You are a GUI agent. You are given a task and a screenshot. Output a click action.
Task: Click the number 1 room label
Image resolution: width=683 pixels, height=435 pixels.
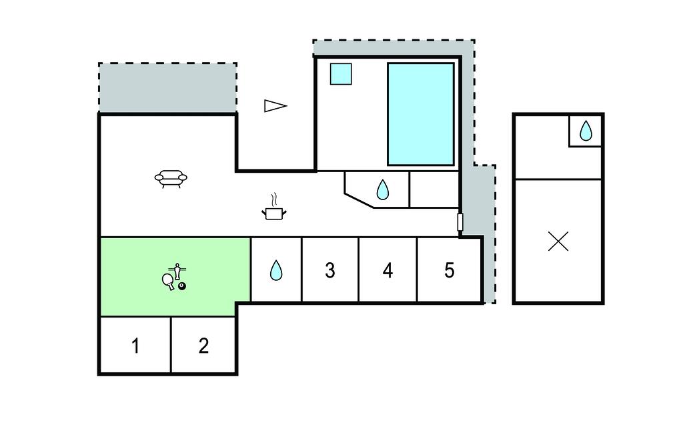point(135,346)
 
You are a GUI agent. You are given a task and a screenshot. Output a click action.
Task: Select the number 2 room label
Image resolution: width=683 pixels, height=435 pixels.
point(204,346)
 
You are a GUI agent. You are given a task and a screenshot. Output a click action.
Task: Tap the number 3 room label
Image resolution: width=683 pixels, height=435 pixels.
point(329,270)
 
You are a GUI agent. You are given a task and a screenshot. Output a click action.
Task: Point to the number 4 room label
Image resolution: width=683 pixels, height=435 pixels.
point(388,270)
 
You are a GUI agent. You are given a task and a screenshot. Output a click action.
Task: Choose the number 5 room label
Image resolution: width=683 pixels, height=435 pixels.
point(449,270)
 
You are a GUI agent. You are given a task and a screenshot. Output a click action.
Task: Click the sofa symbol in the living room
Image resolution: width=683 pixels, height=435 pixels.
point(171,178)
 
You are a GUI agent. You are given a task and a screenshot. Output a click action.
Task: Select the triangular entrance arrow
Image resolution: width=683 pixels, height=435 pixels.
point(275,105)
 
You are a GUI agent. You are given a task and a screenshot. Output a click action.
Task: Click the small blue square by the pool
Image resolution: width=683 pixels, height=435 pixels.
point(341,73)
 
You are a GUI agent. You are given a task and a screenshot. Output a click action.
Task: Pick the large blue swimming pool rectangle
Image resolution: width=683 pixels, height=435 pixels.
point(421,114)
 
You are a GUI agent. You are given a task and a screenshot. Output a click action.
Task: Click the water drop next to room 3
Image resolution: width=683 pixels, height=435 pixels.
point(276,270)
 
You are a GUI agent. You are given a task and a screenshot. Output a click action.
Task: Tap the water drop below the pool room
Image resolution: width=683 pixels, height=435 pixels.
point(382,190)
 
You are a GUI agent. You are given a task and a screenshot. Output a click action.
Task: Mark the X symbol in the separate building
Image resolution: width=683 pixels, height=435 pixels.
point(558,242)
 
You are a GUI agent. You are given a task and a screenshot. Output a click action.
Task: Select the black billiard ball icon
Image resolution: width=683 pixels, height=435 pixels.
point(181,286)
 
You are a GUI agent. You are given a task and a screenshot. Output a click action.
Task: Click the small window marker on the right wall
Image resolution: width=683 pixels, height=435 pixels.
point(460,223)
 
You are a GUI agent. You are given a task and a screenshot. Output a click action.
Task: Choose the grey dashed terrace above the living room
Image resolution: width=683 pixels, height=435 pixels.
point(167,88)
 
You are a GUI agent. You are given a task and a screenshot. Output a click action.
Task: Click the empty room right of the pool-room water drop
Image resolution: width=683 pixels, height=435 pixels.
point(434,189)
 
